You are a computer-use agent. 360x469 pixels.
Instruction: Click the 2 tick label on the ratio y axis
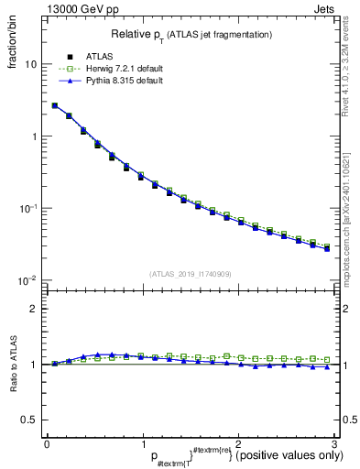(x=33, y=309)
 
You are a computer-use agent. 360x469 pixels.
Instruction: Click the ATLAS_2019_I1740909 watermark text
(x=190, y=274)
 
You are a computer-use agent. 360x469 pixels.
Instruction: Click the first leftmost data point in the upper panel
(x=54, y=105)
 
